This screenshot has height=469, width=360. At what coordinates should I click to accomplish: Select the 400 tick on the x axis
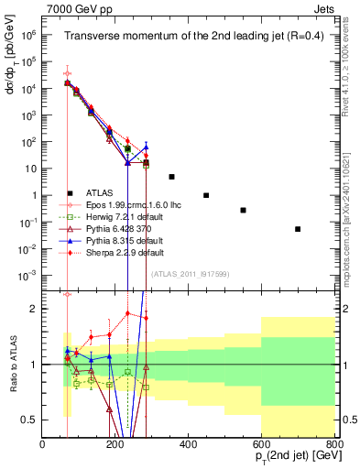[188, 444]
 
